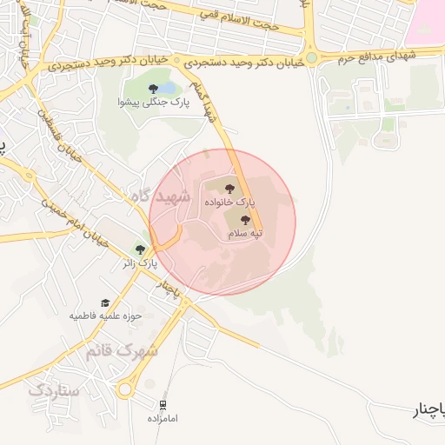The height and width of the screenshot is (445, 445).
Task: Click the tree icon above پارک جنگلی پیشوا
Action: [x=154, y=88]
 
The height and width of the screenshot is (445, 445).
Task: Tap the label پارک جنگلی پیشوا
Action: [x=153, y=103]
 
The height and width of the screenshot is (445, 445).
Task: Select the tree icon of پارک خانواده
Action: [x=229, y=187]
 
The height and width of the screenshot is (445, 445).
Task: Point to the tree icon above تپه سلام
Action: [x=244, y=220]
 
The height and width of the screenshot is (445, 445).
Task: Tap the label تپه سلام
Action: [x=244, y=235]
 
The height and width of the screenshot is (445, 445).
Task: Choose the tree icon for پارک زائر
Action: [x=140, y=249]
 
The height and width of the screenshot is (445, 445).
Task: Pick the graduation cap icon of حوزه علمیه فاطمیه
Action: [x=105, y=302]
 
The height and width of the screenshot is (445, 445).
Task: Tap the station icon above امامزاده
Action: [x=163, y=405]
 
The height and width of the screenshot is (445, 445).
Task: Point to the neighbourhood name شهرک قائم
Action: [x=121, y=351]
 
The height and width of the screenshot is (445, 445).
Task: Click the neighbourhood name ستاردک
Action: [x=54, y=390]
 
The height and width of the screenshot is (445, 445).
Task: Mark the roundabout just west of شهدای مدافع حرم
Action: [x=311, y=57]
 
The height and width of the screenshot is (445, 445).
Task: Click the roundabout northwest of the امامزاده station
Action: [x=125, y=390]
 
